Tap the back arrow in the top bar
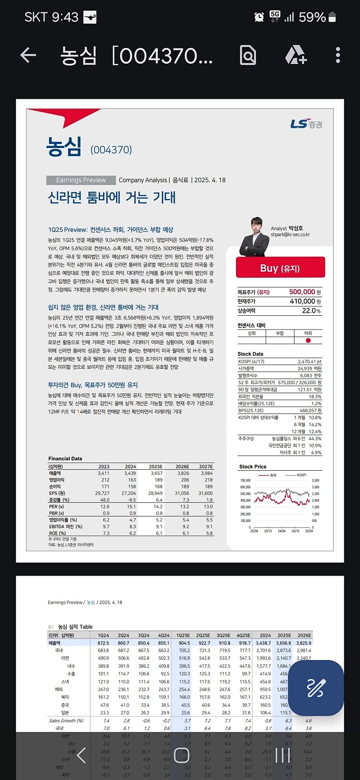point(28,55)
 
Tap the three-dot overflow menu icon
point(338,55)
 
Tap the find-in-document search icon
point(248,55)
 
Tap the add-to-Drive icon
point(295,55)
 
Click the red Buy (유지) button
point(280,268)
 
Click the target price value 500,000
point(302,292)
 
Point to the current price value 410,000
point(302,301)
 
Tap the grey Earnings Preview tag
point(81,180)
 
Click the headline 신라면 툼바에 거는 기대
point(112,197)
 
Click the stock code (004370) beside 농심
point(111,150)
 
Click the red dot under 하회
point(308,340)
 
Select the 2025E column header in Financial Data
point(155,466)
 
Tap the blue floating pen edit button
point(316,688)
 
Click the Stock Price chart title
point(253,467)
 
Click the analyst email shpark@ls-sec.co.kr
point(290,235)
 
